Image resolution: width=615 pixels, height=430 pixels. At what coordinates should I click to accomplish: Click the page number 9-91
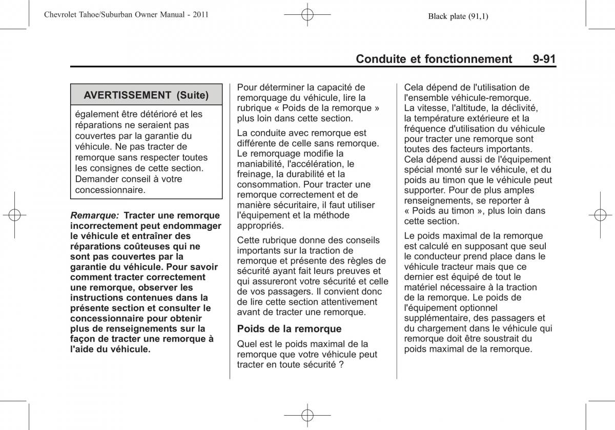(x=544, y=59)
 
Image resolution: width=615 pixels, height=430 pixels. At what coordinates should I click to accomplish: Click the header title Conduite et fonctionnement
(x=434, y=59)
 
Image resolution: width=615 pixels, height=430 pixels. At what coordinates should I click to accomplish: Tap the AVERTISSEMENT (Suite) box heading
(x=146, y=95)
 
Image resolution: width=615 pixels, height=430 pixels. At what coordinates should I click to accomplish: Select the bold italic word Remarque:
(x=95, y=216)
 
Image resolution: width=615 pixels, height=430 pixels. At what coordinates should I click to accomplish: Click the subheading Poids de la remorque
(x=289, y=329)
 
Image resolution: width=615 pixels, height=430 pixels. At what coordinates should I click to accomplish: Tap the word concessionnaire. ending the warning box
(x=110, y=189)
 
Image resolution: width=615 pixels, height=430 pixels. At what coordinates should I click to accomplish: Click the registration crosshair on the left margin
(x=14, y=215)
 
